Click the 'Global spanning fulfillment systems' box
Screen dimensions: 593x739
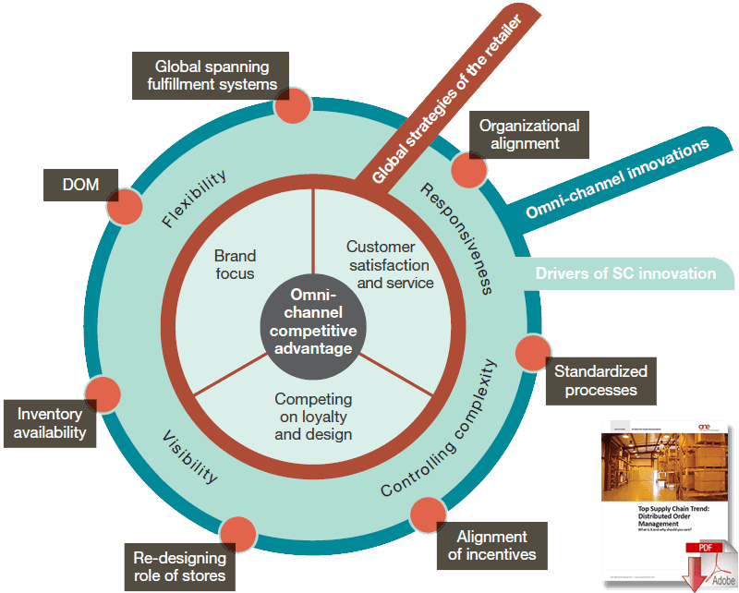pyautogui.click(x=212, y=75)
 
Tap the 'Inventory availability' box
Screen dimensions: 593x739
pyautogui.click(x=50, y=421)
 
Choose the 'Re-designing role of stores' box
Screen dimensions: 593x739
pyautogui.click(x=176, y=567)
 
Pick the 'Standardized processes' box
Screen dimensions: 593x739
pyautogui.click(x=600, y=380)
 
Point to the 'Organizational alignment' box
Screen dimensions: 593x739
pyautogui.click(x=529, y=134)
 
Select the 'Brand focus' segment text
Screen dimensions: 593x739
pyautogui.click(x=235, y=264)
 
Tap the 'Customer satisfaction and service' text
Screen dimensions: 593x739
pyautogui.click(x=381, y=264)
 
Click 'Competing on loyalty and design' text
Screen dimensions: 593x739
pyautogui.click(x=313, y=416)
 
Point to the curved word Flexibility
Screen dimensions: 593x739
pyautogui.click(x=194, y=199)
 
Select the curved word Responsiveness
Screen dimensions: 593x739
pyautogui.click(x=455, y=236)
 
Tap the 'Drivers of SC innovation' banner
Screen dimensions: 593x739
pyautogui.click(x=625, y=273)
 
